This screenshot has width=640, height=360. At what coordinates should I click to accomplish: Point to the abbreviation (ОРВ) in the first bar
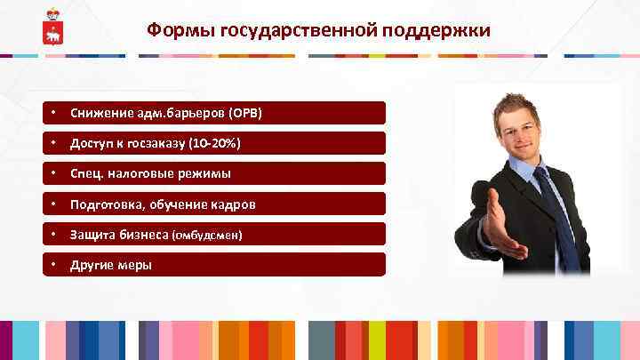coord(245,114)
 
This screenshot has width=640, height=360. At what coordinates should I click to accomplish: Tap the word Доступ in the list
coord(92,144)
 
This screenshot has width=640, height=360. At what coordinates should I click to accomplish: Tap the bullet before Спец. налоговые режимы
coord(54,174)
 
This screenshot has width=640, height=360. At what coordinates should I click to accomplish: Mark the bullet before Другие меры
coord(54,265)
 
